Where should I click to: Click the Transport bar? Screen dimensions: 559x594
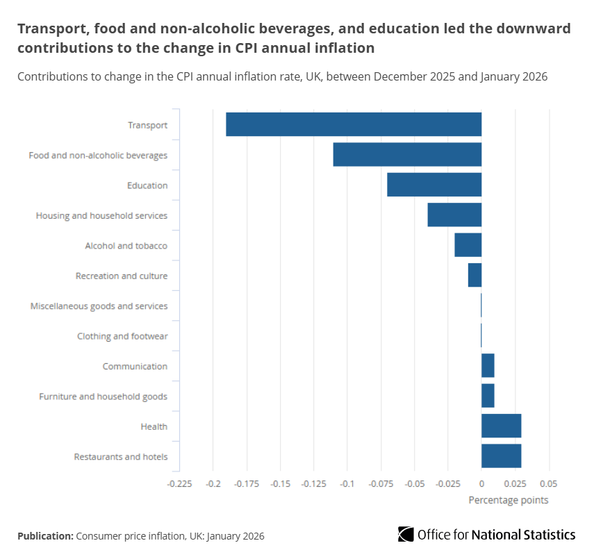(x=354, y=124)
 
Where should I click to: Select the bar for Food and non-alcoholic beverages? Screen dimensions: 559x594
(x=407, y=154)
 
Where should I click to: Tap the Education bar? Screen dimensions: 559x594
(x=434, y=185)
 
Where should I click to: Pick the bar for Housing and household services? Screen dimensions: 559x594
(x=454, y=215)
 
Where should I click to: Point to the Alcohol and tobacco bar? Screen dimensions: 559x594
(x=468, y=245)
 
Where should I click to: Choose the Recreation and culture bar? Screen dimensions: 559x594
(x=475, y=276)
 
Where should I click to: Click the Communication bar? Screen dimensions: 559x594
(x=488, y=366)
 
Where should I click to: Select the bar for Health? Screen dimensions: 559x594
(x=501, y=426)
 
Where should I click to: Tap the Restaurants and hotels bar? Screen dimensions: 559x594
(x=501, y=456)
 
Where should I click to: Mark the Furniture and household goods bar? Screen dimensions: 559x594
(x=488, y=396)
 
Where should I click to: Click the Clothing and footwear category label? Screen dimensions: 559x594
(x=122, y=336)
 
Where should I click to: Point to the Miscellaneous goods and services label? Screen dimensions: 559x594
(x=99, y=306)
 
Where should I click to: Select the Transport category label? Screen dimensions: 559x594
(x=147, y=125)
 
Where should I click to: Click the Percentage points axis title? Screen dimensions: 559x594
(x=508, y=500)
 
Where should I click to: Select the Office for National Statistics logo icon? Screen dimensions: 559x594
(x=406, y=534)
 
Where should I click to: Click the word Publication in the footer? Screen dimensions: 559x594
(x=45, y=536)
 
